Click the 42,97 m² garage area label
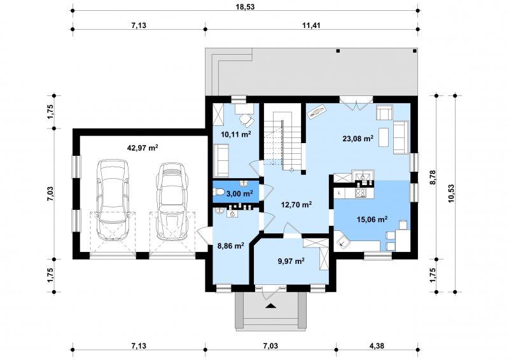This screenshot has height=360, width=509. click(143, 148)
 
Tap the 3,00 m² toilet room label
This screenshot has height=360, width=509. click(240, 194)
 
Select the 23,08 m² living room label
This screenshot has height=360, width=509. click(358, 139)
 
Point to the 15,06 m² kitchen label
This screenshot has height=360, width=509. click(372, 219)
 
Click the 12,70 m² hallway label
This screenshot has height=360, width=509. click(296, 205)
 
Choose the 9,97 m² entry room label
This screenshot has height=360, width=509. click(291, 261)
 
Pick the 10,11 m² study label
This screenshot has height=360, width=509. click(236, 134)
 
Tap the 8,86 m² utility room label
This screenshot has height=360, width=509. click(230, 246)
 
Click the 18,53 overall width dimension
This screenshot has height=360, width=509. click(246, 7)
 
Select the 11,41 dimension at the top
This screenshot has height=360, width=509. click(311, 25)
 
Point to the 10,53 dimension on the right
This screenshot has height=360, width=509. click(451, 193)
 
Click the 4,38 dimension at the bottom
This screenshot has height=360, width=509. click(377, 346)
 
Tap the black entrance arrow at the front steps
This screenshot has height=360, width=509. click(270, 305)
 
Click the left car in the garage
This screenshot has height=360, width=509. click(113, 200)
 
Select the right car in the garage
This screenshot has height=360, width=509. click(172, 200)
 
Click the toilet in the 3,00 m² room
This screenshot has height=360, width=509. click(219, 192)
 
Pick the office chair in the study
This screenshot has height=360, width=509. click(247, 120)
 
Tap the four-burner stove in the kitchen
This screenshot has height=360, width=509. click(361, 193)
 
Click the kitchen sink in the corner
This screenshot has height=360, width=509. click(342, 241)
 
